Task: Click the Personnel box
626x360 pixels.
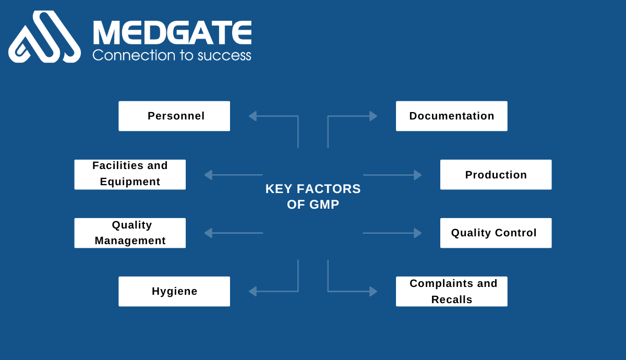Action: [174, 116]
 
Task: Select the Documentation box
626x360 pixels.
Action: [452, 116]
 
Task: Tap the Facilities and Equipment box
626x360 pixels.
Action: [130, 174]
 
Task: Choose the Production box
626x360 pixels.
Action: [496, 174]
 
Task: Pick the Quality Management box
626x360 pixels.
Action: [130, 233]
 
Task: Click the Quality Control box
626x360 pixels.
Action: [496, 233]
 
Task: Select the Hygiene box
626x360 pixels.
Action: [174, 291]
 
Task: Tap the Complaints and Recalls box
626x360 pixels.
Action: [452, 291]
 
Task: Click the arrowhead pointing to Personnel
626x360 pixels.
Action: [252, 116]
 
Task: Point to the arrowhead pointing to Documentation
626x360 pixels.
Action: [374, 116]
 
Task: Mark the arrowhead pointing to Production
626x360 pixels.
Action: [418, 175]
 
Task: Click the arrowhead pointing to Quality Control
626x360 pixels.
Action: [418, 233]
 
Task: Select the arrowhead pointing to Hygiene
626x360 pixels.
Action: [252, 291]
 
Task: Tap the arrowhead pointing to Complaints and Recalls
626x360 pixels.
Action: [374, 291]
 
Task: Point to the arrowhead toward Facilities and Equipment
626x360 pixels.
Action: [208, 175]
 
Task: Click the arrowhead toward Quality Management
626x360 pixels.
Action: [208, 233]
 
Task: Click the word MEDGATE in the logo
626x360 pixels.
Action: [172, 32]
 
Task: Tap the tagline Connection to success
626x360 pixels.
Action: [172, 55]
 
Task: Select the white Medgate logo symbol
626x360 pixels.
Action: [45, 37]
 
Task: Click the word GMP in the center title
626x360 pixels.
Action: [324, 205]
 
